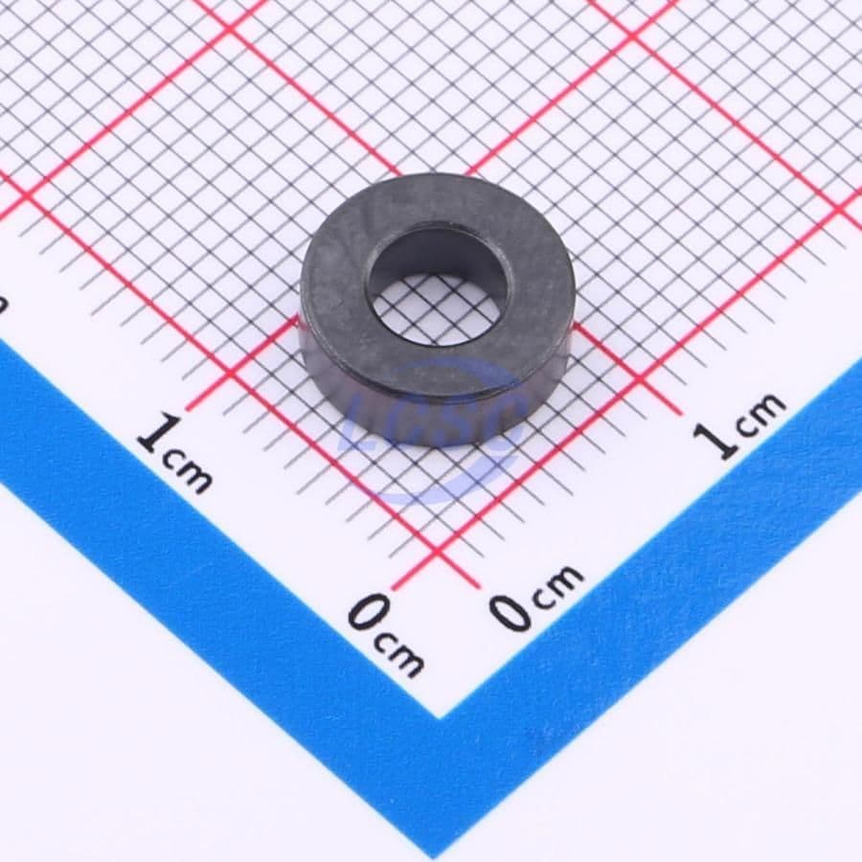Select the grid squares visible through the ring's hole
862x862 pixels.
(436, 311)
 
